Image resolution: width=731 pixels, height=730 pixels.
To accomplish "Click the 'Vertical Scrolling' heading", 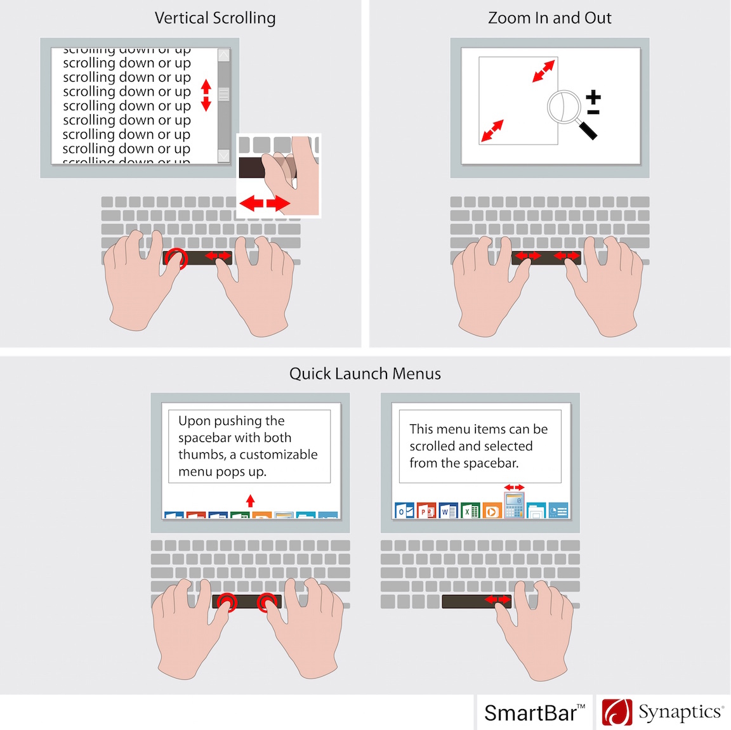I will click(x=215, y=18).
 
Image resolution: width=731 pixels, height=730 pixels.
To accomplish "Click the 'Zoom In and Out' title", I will click(x=550, y=18).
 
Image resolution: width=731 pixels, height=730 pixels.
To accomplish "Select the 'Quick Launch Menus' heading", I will click(x=365, y=374).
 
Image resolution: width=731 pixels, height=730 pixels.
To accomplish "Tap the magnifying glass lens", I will click(x=564, y=107).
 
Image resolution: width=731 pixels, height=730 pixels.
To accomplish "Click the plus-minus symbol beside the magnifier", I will click(x=593, y=103).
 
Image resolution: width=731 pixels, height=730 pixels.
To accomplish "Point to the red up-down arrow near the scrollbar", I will click(x=206, y=95).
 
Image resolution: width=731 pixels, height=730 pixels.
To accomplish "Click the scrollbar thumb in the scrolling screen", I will click(x=223, y=95).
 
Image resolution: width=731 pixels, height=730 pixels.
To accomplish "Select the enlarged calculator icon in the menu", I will click(x=514, y=505).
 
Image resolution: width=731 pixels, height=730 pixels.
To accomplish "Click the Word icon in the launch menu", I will click(x=449, y=511).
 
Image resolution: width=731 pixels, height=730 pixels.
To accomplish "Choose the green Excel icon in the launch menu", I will click(x=470, y=511).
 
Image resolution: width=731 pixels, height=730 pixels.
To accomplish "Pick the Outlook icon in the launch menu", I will click(x=404, y=511).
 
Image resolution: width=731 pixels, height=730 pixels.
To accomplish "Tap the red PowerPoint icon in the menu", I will click(x=426, y=511).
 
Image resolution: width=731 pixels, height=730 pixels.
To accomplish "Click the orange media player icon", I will click(x=492, y=511).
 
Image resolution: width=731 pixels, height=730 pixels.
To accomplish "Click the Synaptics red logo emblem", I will click(x=617, y=712).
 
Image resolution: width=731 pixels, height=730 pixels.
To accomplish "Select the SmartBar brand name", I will click(x=530, y=713).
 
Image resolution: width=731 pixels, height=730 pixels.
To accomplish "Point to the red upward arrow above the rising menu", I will click(x=250, y=501).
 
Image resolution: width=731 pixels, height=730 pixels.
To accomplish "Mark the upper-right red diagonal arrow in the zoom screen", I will click(x=544, y=71).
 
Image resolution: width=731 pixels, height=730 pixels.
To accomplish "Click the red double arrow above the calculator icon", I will click(x=514, y=487).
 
